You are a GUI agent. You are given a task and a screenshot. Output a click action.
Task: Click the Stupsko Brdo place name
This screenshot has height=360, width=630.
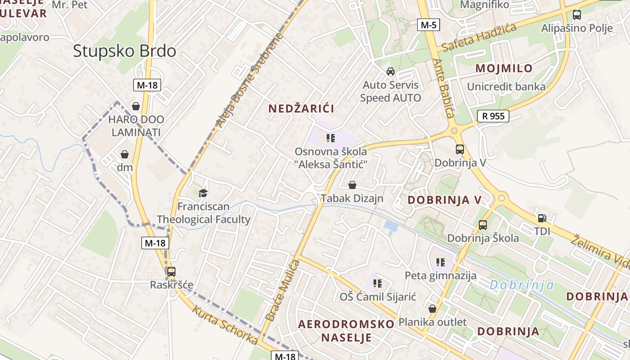(124, 51)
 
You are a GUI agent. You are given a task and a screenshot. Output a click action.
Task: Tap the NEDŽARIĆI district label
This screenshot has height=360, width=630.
(301, 108)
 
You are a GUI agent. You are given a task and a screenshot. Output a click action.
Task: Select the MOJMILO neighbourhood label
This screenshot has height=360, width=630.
(504, 68)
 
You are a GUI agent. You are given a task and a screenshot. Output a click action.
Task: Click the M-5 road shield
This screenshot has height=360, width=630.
(428, 25)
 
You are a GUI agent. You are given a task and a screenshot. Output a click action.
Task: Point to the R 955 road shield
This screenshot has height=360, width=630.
(493, 116)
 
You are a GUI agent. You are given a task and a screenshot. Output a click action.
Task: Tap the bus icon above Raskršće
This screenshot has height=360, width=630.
(171, 272)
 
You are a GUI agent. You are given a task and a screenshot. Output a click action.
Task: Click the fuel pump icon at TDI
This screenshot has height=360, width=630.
(542, 218)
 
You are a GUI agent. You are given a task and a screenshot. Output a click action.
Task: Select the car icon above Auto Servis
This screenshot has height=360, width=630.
(390, 72)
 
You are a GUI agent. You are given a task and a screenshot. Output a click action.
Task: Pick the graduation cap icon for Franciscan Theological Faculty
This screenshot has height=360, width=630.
(203, 193)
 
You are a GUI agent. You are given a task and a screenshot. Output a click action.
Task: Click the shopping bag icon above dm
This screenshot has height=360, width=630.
(125, 154)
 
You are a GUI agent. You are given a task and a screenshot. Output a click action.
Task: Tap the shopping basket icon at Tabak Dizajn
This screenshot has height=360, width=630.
(352, 185)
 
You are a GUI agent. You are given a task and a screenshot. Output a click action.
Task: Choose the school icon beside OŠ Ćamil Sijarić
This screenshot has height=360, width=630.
(378, 283)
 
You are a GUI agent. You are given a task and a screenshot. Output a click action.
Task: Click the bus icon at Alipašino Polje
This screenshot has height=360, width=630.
(576, 15)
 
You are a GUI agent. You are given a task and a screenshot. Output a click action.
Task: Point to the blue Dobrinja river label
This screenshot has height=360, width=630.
(522, 285)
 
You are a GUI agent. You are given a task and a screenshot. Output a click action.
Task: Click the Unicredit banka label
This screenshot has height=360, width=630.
(506, 87)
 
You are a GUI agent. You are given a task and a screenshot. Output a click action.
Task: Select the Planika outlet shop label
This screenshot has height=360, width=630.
(432, 322)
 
